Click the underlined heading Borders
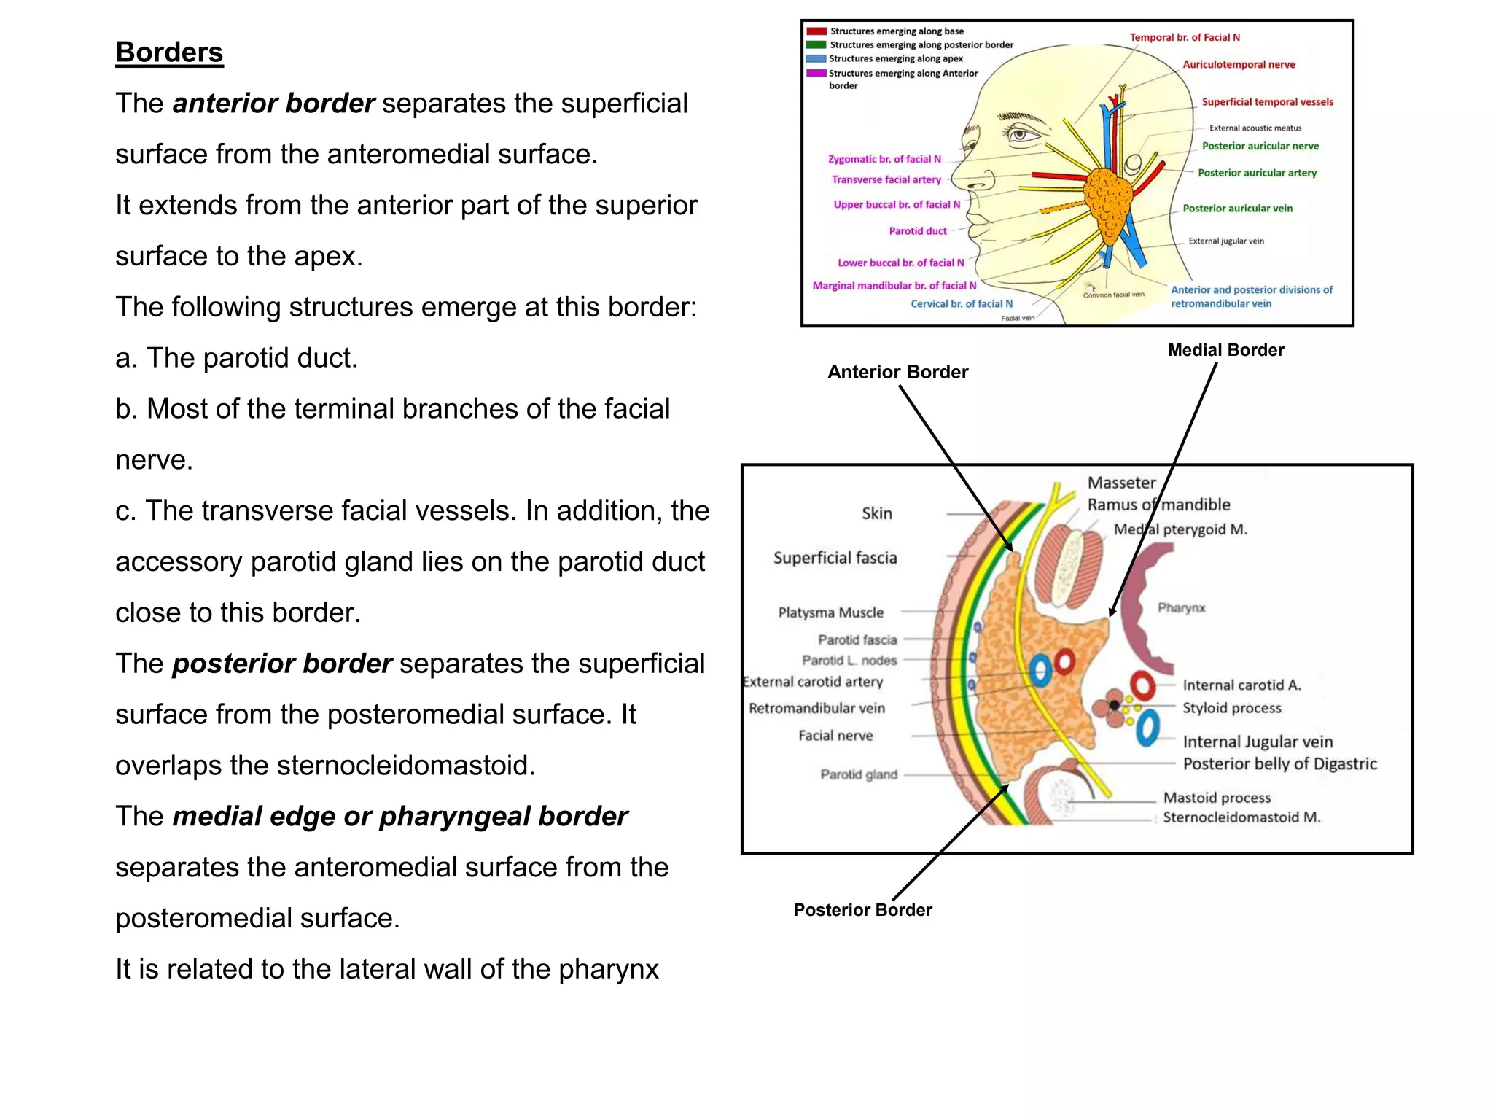coord(169,52)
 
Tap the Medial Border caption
coord(1225,350)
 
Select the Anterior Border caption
coord(897,372)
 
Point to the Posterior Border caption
coord(862,910)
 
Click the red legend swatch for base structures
coord(816,31)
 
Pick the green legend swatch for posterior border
coord(816,44)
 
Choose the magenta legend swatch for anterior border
coord(816,73)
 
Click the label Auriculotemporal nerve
coord(1239,64)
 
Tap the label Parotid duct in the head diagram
coord(918,231)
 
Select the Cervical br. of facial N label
coord(962,304)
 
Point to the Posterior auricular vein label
coord(1237,209)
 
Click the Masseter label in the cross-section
coord(1121,483)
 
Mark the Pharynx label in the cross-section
coord(1181,608)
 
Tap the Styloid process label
coord(1231,708)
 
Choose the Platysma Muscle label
coord(830,612)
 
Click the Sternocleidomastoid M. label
coord(1241,817)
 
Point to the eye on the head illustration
coord(1020,135)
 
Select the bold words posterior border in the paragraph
coord(282,664)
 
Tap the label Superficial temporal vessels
coord(1267,102)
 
